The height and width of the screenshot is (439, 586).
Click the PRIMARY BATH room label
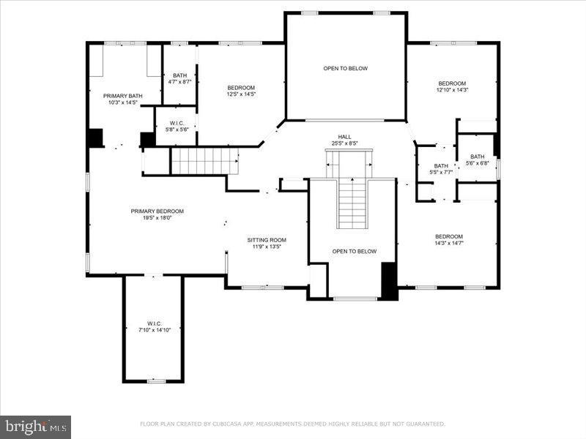click(122, 96)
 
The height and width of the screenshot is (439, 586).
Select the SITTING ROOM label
click(266, 240)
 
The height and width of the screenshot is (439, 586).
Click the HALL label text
click(344, 136)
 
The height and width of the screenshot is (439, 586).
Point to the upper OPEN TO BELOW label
click(345, 69)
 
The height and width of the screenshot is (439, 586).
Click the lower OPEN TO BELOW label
click(355, 252)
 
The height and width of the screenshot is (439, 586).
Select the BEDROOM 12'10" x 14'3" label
click(452, 83)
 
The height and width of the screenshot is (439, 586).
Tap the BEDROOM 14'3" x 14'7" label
click(449, 236)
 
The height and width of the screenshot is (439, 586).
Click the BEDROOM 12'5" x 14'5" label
click(241, 88)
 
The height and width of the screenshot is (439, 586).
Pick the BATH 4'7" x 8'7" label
click(179, 75)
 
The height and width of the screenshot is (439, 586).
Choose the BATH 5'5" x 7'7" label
click(441, 166)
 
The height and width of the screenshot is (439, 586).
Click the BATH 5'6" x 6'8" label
click(478, 157)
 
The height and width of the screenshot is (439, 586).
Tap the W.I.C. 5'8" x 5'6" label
click(176, 123)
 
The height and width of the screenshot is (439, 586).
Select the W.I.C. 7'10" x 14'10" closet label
click(154, 323)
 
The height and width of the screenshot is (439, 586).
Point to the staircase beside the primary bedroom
click(204, 160)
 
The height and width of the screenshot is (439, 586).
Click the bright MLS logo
click(35, 426)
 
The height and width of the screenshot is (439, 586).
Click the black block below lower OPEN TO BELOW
click(389, 281)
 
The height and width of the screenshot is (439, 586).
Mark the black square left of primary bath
click(95, 138)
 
